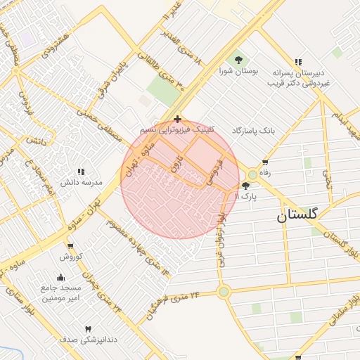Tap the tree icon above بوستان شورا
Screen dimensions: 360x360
[238, 59]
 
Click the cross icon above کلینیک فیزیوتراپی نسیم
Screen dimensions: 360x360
[177, 119]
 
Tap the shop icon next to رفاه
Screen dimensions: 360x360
[264, 162]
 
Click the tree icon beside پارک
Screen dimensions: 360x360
[245, 186]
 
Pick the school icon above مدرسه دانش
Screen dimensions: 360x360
[81, 171]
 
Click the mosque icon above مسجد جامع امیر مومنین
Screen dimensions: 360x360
[61, 276]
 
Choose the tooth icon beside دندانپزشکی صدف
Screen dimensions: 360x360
[89, 329]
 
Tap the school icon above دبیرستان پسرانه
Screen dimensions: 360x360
[298, 62]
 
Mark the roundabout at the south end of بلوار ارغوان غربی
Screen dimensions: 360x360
[224, 291]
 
